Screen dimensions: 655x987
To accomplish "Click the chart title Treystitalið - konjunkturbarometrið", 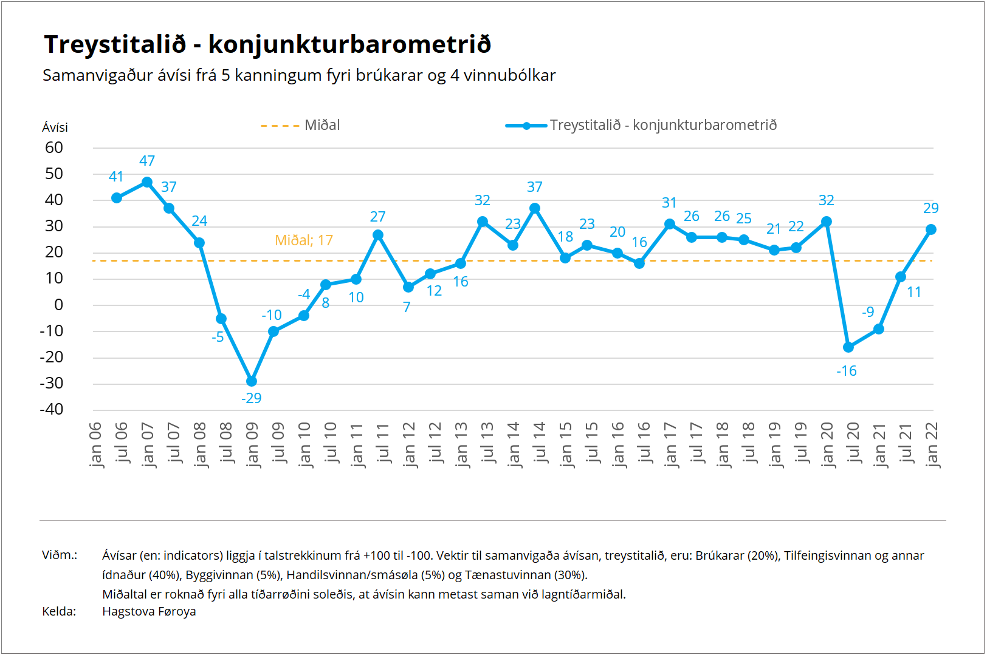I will pos(267,45).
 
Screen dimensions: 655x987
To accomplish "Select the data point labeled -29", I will pos(252,381).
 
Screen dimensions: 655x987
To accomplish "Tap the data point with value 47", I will pos(147,182).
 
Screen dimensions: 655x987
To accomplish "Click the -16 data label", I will pos(847,371).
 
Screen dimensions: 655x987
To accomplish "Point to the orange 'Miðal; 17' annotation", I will pos(304,240).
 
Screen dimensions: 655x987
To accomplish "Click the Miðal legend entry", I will pos(300,126).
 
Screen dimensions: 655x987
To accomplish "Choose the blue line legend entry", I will pos(641,126).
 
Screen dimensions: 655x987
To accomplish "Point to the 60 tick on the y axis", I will pos(54,148).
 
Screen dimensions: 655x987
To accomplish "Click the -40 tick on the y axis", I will pos(52,409).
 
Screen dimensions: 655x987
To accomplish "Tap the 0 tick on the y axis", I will pos(58,305).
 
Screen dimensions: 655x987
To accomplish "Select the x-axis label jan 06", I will pos(95,445).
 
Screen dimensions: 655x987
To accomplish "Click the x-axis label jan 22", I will pos(932,445).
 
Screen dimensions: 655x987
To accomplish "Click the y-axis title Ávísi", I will pos(55,127).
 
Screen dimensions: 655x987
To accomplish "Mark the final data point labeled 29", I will pos(931,229).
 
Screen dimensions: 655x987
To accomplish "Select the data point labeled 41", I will pos(117,198).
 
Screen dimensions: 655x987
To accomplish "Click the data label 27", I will pos(378,217).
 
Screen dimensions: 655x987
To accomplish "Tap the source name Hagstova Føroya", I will pos(149,611).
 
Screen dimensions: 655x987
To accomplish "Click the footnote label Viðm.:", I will pos(60,555).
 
